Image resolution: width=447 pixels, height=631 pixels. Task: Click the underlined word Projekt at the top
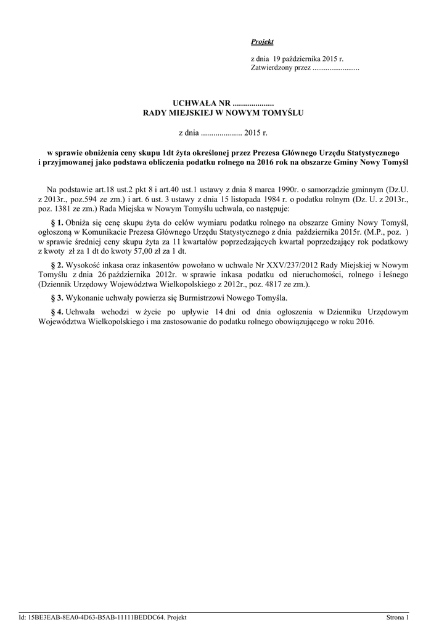[x=262, y=41]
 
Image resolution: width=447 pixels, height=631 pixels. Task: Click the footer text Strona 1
[x=397, y=617]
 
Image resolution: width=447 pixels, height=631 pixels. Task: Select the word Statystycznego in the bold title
[x=371, y=152]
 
